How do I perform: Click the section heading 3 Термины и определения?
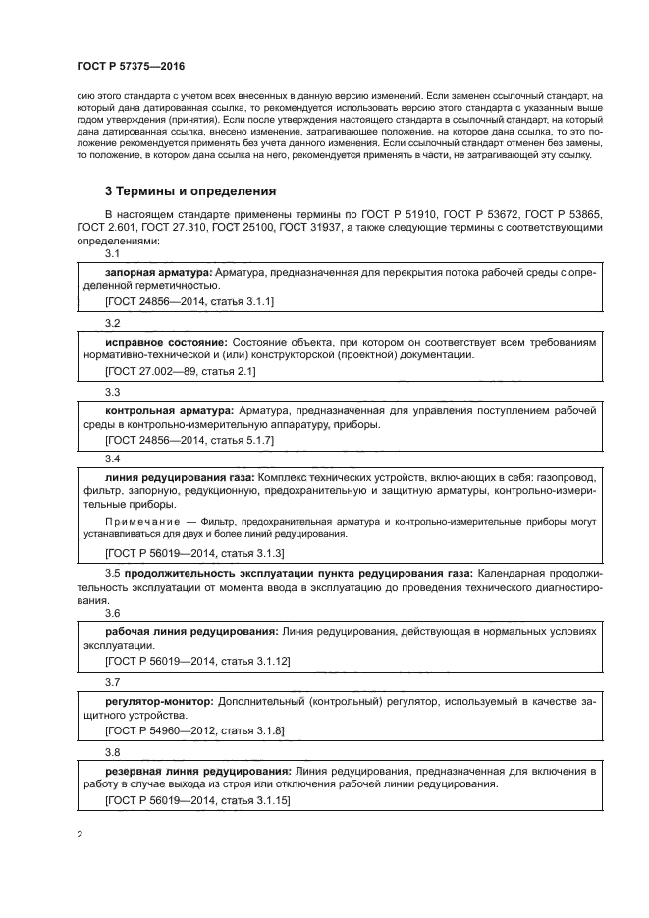pos(190,189)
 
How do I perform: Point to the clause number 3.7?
pos(112,681)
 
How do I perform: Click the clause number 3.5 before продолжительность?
pos(112,571)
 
